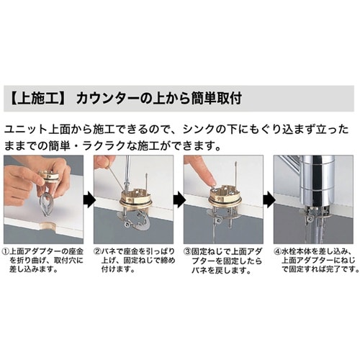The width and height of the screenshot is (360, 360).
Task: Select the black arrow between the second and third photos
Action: point(176,199)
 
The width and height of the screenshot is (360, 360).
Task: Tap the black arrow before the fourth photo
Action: point(266,199)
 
